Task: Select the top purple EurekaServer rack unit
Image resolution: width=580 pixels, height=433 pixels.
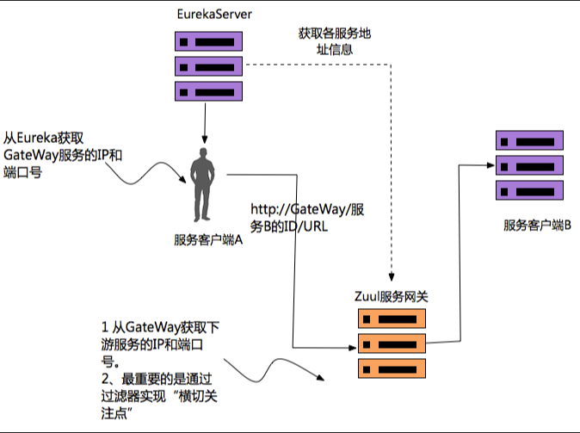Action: pos(206,41)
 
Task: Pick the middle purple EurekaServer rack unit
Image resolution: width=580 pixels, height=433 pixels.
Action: pos(206,65)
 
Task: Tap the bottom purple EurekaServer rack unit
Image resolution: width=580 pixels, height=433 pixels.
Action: pos(206,90)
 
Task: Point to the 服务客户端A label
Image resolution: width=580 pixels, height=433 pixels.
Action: pos(207,240)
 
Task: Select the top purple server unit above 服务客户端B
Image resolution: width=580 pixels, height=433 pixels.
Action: pos(529,140)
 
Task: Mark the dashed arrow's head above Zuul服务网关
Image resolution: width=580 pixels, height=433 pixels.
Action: pos(392,278)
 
